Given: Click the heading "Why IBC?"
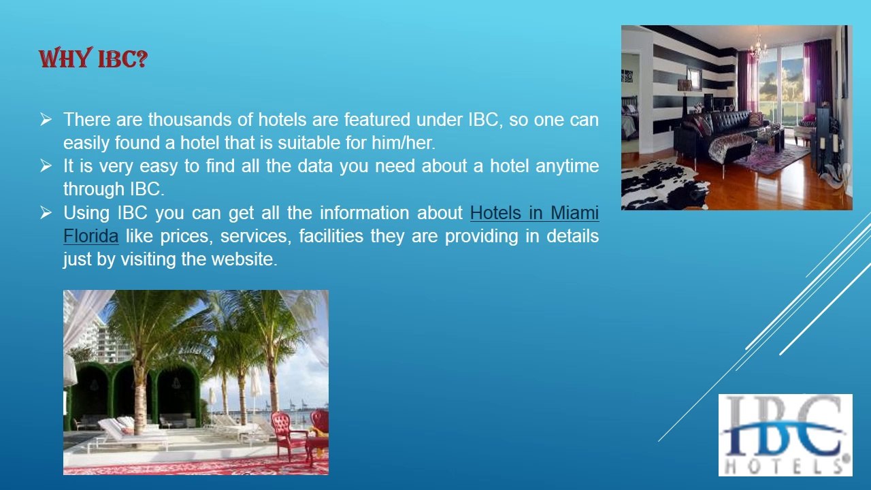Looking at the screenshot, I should pos(93,59).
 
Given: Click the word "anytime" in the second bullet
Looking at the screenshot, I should pos(567,166).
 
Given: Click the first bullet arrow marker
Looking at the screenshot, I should pos(46,120).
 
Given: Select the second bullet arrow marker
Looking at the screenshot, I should pos(46,165).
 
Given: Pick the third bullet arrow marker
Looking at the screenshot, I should pos(46,212).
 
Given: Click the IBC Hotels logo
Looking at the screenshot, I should pos(785,435).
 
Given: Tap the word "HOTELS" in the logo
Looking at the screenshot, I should pos(785,465).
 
